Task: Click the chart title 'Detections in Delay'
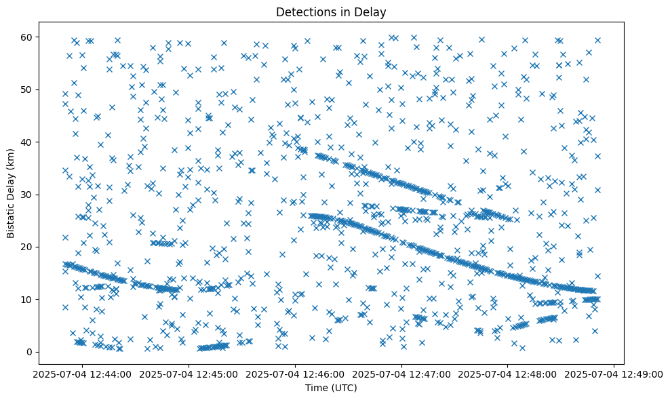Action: [331, 12]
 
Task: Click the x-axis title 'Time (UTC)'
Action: [331, 388]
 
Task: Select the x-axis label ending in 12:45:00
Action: [189, 374]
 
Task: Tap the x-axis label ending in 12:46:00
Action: [296, 374]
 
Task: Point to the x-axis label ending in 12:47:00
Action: [401, 374]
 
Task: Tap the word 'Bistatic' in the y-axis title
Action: [11, 216]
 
